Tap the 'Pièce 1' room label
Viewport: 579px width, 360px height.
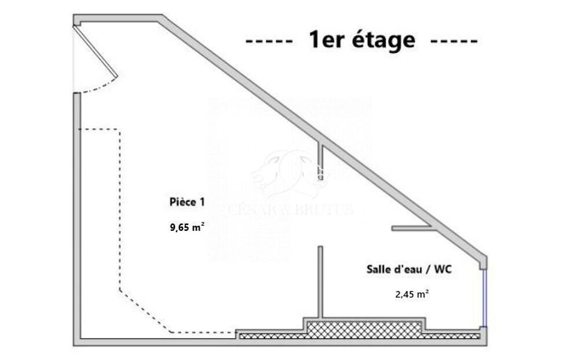click(x=186, y=202)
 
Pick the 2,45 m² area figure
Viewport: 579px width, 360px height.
click(x=412, y=294)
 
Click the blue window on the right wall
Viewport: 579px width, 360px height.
click(x=485, y=298)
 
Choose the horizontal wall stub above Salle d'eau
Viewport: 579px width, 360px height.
click(x=411, y=228)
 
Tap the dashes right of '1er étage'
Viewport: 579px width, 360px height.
click(x=455, y=42)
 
